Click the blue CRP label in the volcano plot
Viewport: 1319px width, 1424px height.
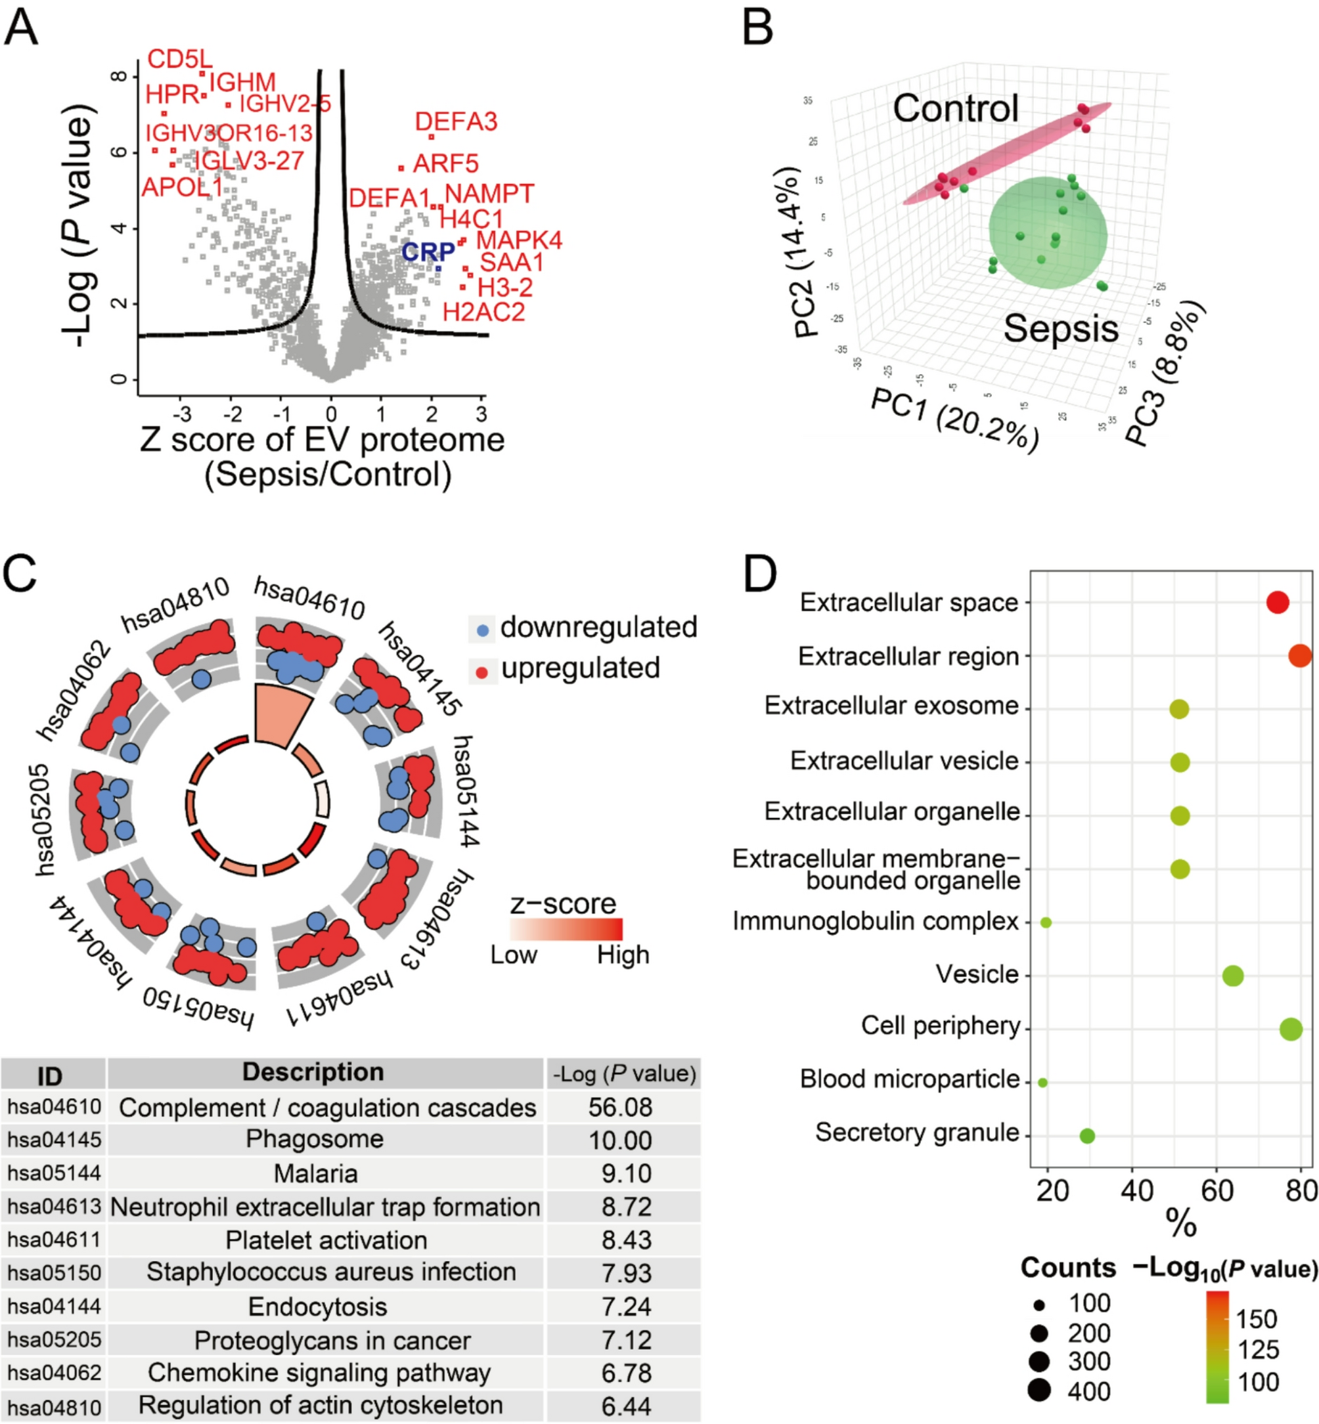click(428, 252)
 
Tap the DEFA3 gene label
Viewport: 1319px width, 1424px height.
click(456, 122)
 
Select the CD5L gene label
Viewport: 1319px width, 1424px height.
click(179, 59)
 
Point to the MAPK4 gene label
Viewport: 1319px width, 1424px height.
click(519, 240)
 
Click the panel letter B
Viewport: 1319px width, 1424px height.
click(758, 28)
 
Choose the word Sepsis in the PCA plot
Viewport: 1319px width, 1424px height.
click(1061, 329)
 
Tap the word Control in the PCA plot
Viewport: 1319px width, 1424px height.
click(955, 108)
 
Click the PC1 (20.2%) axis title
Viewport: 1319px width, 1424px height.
click(954, 420)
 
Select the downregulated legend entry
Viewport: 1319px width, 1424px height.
click(598, 627)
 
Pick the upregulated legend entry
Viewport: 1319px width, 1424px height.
click(579, 668)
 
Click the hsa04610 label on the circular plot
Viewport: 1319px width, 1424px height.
click(309, 598)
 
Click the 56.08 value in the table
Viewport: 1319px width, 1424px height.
click(620, 1108)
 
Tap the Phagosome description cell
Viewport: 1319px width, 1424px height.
click(315, 1139)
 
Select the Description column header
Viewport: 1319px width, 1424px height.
click(313, 1072)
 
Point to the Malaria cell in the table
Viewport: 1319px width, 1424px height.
click(315, 1174)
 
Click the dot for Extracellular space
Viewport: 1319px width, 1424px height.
click(1277, 602)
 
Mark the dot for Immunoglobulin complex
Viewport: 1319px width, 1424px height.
click(1046, 922)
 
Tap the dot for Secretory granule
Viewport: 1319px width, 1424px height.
click(1086, 1136)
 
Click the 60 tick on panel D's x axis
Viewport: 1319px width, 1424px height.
click(1217, 1191)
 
